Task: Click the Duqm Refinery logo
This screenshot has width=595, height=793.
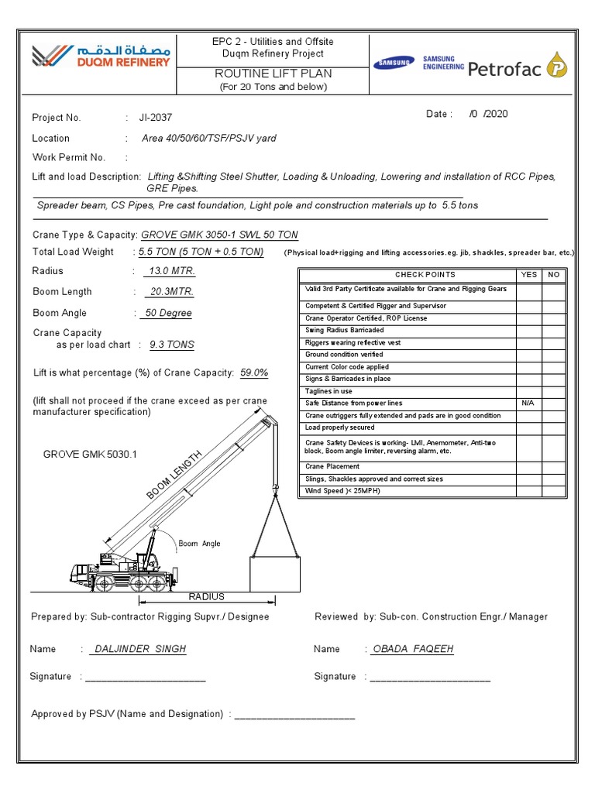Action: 100,56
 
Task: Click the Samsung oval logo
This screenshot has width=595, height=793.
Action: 394,64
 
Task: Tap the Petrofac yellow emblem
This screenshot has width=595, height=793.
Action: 557,67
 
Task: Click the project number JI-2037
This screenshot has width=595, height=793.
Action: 156,118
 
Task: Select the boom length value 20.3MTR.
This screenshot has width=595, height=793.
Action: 170,292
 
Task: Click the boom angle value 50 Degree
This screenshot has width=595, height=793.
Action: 167,313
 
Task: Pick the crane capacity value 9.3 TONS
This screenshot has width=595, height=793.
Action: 171,345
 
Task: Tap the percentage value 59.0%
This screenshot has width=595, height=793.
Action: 254,372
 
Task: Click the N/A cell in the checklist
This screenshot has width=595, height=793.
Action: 528,403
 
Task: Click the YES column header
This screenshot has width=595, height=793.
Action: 528,275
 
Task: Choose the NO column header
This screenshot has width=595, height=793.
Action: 553,275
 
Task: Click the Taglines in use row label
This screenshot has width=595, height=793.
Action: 328,391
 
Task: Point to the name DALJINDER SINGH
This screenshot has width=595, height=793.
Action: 139,649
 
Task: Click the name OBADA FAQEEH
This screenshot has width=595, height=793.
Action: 413,649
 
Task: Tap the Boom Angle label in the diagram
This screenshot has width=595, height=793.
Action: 199,544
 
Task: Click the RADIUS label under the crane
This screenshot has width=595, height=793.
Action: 206,596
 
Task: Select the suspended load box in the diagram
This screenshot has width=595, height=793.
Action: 274,572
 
